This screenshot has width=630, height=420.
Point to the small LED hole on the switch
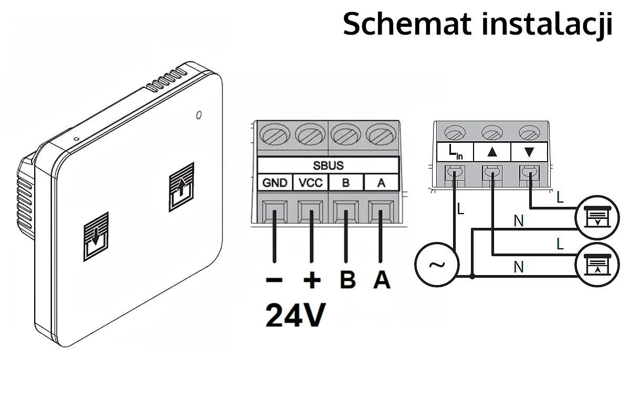[x=199, y=114]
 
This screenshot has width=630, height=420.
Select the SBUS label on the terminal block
[x=328, y=166]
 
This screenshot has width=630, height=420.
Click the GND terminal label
[x=275, y=183]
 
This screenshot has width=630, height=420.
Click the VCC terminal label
[x=311, y=183]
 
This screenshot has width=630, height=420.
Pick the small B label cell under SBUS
[x=345, y=183]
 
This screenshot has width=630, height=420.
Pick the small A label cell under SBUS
[x=381, y=183]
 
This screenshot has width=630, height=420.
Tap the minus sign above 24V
[x=274, y=280]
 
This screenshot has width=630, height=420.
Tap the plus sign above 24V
[x=312, y=280]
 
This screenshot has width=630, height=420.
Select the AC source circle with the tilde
[x=436, y=265]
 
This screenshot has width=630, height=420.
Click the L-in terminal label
[x=455, y=153]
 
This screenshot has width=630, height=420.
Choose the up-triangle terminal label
[x=492, y=153]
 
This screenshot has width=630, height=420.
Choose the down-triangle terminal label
[x=529, y=153]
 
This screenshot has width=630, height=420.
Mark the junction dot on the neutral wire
[x=472, y=276]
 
